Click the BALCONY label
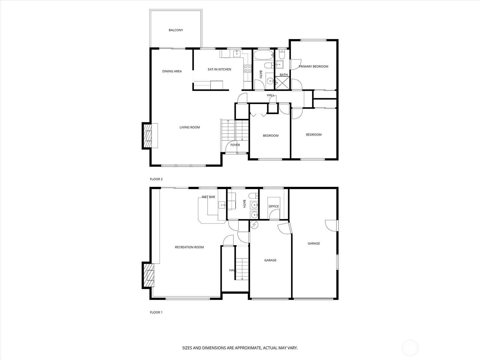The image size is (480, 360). [x=175, y=30]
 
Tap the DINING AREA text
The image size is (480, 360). [x=172, y=71]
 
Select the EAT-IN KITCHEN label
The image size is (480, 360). [x=219, y=69]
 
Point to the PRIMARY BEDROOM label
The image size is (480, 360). [x=313, y=66]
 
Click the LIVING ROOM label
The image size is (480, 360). [x=190, y=127]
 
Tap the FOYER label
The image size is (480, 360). [x=235, y=145]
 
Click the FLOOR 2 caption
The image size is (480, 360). [x=156, y=179]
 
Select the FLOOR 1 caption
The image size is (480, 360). [x=156, y=312]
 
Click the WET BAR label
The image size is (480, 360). [x=208, y=197]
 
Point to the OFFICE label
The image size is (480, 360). [x=274, y=206]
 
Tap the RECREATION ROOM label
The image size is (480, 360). [x=189, y=247]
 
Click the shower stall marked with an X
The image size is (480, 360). [x=282, y=83]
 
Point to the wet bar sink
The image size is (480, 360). [x=222, y=205]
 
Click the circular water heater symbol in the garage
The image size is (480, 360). [x=254, y=224]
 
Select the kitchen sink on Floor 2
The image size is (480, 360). [x=237, y=53]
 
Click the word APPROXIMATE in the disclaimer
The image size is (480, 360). [x=248, y=348]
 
